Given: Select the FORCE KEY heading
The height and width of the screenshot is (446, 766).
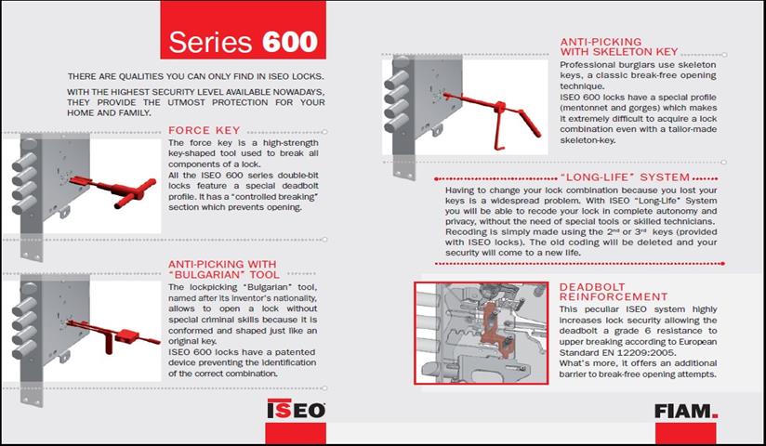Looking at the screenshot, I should (199, 131).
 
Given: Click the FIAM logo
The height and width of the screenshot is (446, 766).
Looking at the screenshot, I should (685, 410).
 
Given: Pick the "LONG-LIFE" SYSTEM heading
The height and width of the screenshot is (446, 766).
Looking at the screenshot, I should (626, 177).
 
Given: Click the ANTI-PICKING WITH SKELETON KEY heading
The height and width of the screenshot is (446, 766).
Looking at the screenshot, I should (618, 46).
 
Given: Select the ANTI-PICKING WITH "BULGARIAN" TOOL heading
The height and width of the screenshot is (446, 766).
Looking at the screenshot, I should (222, 269).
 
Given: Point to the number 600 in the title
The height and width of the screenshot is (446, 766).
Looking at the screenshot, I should (289, 42).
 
